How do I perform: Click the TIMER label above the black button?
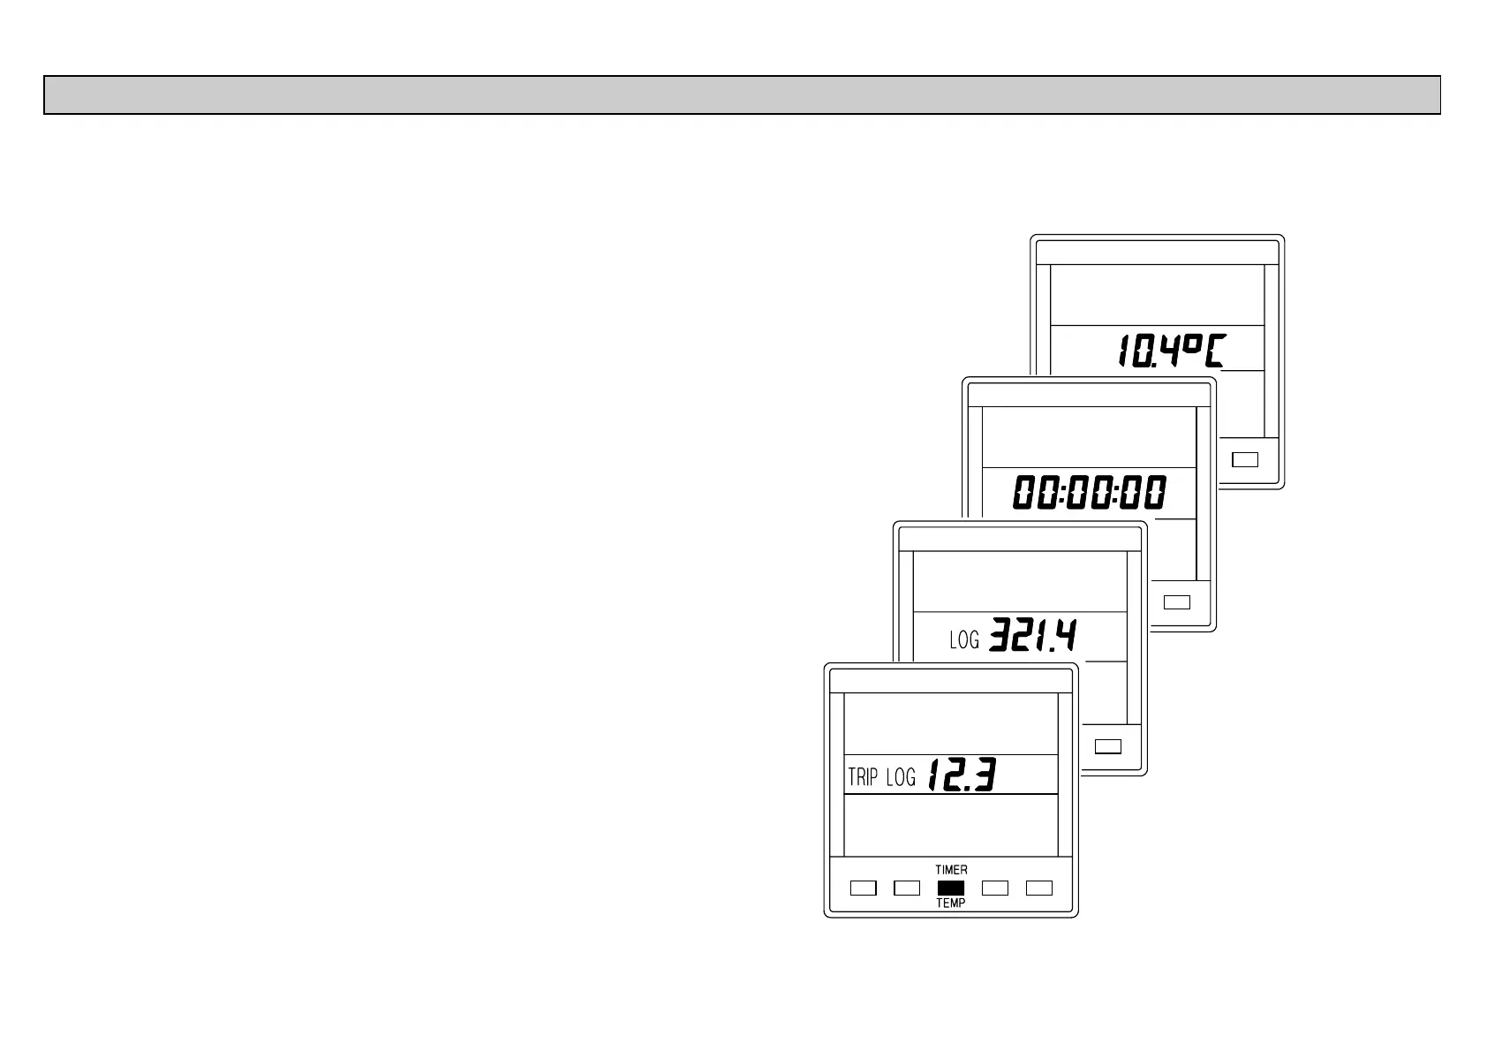coord(951,870)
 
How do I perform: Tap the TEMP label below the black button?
coord(951,904)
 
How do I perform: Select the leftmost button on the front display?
coord(863,888)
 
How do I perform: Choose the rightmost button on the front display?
coord(1039,888)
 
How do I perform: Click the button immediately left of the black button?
coord(907,888)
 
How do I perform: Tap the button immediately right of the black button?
coord(995,888)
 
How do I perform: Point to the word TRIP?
coord(863,777)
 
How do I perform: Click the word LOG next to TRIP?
coord(901,777)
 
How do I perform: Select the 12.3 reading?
coord(962,775)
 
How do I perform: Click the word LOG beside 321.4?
coord(964,639)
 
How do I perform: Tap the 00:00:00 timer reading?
coord(1089,493)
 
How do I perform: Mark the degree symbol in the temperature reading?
coord(1189,344)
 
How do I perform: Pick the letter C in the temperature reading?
coord(1216,351)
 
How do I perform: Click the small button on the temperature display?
coord(1245,459)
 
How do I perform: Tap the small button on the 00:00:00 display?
coord(1177,602)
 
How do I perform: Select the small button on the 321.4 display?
coord(1108,746)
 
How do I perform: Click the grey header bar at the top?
coord(742,95)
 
